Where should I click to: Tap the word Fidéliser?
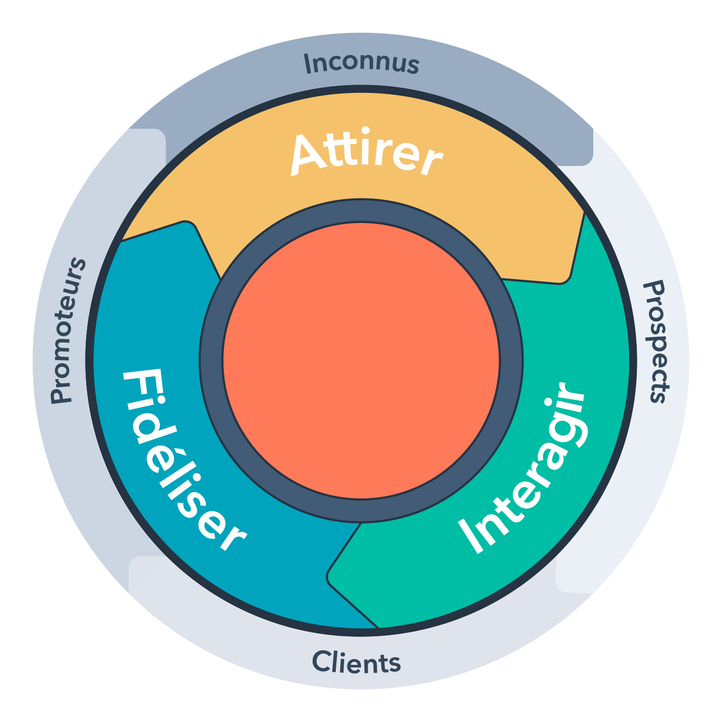point(181,460)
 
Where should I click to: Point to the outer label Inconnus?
point(361,63)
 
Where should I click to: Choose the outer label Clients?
point(357,662)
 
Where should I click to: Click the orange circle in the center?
point(361,361)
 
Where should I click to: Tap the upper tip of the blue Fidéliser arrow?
point(186,224)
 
